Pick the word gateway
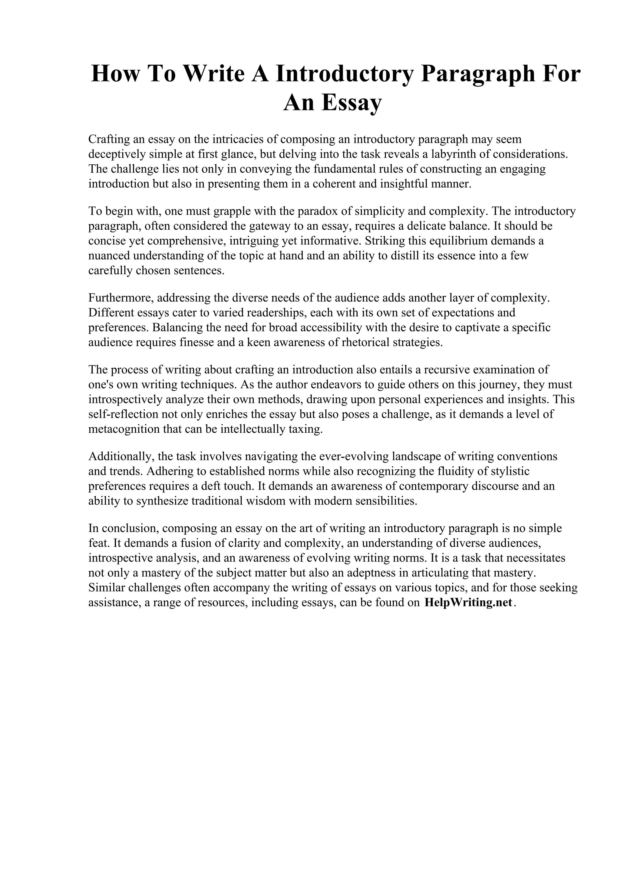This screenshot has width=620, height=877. point(270,226)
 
